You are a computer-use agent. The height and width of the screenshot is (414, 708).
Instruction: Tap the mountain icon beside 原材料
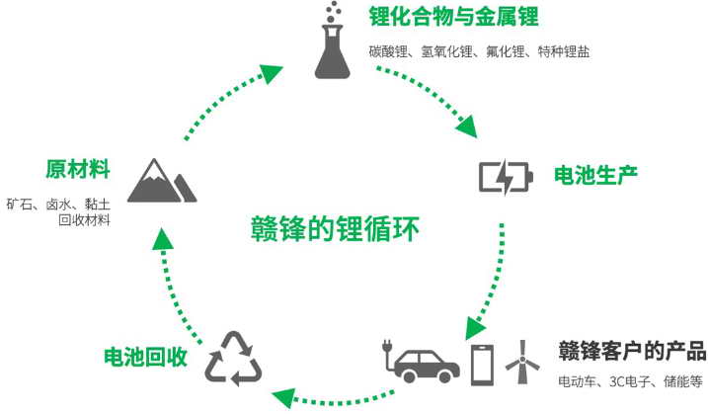pyautogui.click(x=161, y=180)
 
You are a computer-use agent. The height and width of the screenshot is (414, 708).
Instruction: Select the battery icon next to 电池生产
pyautogui.click(x=507, y=176)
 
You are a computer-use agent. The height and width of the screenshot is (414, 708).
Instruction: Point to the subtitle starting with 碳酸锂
pyautogui.click(x=480, y=51)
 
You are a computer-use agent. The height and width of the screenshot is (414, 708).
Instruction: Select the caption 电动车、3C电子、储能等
pyautogui.click(x=630, y=381)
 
